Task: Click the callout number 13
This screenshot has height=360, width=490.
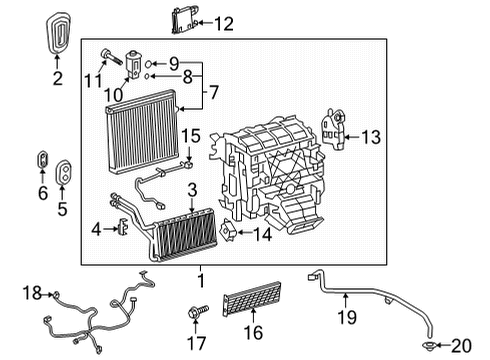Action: click(x=372, y=137)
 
